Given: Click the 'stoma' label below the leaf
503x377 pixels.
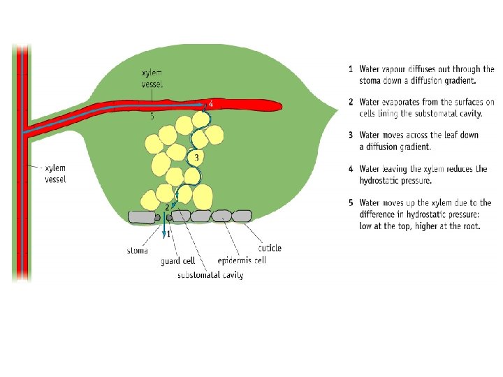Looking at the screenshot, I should point(138,250).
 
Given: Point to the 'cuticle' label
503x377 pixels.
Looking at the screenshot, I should point(270,248).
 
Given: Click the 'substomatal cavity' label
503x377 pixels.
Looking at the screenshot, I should point(210,275).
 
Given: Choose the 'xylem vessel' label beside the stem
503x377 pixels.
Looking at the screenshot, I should point(55,175).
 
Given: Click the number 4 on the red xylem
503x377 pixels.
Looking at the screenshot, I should point(211,103).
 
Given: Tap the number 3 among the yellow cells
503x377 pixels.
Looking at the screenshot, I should point(197,158).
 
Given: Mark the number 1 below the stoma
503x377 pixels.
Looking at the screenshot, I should point(168,235).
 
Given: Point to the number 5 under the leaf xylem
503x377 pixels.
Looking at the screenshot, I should point(152,117).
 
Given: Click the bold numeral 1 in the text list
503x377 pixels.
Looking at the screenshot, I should point(350,69).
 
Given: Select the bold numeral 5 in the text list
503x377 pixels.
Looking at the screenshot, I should point(350,203).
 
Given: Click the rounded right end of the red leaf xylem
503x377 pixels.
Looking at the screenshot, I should point(279,106).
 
